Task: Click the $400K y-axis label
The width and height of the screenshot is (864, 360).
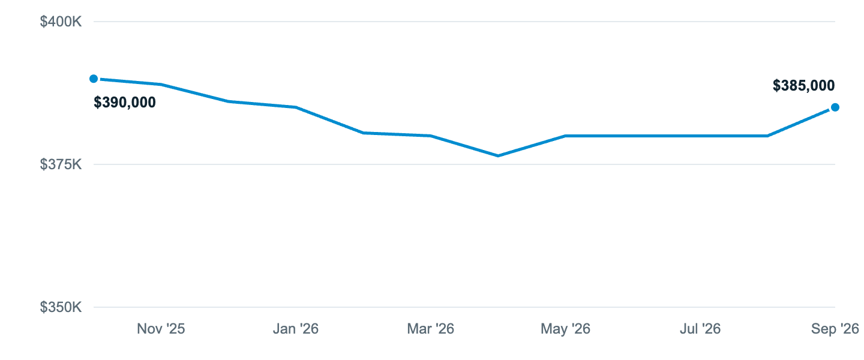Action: click(61, 22)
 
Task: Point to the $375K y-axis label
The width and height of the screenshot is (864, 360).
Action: click(61, 164)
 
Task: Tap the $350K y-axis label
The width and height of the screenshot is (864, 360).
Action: click(61, 307)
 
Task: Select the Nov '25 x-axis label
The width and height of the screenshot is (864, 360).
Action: click(161, 329)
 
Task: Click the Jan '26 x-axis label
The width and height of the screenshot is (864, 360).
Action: click(296, 329)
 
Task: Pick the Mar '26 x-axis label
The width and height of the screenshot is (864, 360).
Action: click(430, 329)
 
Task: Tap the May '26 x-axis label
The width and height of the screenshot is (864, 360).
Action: click(565, 329)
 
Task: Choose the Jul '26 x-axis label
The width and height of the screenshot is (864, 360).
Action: click(700, 329)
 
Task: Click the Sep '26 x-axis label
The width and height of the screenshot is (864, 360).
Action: click(835, 329)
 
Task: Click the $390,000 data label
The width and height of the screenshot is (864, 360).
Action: click(125, 102)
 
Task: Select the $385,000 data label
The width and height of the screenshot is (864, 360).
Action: click(804, 85)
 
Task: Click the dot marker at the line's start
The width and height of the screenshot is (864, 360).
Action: click(94, 79)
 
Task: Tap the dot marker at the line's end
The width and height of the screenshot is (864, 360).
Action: click(835, 107)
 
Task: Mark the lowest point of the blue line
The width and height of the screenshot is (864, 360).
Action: click(498, 156)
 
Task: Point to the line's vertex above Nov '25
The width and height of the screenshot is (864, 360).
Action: click(161, 85)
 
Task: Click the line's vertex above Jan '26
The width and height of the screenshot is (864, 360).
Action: click(296, 107)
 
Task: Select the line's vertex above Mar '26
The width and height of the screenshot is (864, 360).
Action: click(430, 136)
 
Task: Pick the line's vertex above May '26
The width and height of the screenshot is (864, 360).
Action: click(565, 136)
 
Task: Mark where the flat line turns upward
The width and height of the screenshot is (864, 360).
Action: click(767, 136)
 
